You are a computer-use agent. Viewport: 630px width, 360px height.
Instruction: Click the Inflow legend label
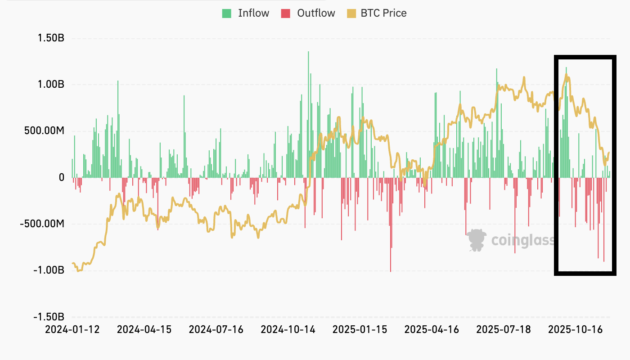pyautogui.click(x=253, y=13)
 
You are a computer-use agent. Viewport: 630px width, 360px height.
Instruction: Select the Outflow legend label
pyautogui.click(x=316, y=13)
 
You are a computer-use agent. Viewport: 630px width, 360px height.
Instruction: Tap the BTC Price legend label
pyautogui.click(x=383, y=13)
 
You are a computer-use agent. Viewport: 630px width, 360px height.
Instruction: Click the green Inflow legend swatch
pyautogui.click(x=227, y=13)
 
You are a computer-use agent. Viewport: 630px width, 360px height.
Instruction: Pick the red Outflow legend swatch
pyautogui.click(x=286, y=13)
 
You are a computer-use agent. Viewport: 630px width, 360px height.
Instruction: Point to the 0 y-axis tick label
pyautogui.click(x=61, y=178)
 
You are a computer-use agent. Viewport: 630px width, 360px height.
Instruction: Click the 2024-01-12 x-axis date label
pyautogui.click(x=72, y=329)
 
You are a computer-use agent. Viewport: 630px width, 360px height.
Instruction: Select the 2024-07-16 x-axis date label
pyautogui.click(x=216, y=329)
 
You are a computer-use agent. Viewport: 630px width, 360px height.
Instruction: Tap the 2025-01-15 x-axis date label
pyautogui.click(x=360, y=329)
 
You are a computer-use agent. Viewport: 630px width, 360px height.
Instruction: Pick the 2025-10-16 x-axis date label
pyautogui.click(x=575, y=329)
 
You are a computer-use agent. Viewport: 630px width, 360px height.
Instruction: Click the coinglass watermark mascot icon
pyautogui.click(x=476, y=240)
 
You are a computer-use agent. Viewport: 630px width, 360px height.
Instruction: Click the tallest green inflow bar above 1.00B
pyautogui.click(x=308, y=112)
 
